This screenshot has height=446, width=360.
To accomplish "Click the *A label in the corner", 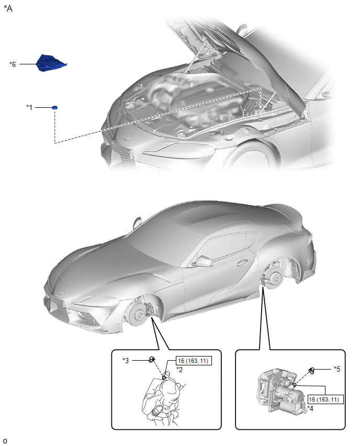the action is [x=8, y=8].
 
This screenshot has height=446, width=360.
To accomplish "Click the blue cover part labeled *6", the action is [x=51, y=63].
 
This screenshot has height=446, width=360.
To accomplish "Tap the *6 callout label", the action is [x=13, y=64].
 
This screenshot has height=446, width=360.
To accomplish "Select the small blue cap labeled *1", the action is [x=54, y=107].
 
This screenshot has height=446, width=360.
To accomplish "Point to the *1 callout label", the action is [x=29, y=107].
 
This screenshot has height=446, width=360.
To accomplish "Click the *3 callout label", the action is [x=126, y=360].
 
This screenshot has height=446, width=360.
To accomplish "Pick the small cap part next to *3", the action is [x=152, y=360].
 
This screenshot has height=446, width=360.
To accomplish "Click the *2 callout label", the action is [x=179, y=370].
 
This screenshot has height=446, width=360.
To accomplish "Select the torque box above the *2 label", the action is [x=194, y=361].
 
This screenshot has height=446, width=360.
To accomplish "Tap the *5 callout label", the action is [x=337, y=369].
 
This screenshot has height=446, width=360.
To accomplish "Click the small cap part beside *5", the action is [x=312, y=370].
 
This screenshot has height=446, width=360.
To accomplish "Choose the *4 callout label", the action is [x=310, y=408].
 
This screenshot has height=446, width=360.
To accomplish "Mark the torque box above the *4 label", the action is [x=325, y=399].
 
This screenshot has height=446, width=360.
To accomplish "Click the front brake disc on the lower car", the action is [x=138, y=314].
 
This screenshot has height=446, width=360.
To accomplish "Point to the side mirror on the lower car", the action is [x=202, y=261].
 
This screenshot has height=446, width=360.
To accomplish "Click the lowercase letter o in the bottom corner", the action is [x=5, y=441].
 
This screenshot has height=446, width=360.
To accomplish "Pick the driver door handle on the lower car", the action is [x=244, y=262].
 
